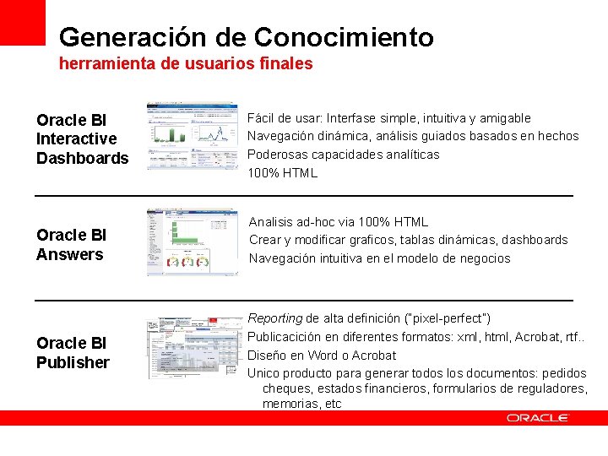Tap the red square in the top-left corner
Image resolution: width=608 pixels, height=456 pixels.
point(22,22)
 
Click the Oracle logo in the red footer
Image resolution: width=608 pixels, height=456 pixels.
point(538,418)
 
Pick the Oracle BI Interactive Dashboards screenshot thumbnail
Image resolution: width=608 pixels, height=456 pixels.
point(192,136)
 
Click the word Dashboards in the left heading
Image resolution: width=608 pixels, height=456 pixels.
point(83,158)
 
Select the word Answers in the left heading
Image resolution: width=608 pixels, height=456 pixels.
point(70,254)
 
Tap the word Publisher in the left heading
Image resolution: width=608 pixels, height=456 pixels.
point(73,362)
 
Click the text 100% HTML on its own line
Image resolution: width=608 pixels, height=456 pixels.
point(282,173)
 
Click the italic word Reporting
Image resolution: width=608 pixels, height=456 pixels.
point(274,318)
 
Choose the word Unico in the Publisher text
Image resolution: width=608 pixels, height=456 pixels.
point(263,372)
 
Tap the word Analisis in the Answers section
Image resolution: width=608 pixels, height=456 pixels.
point(272,222)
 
